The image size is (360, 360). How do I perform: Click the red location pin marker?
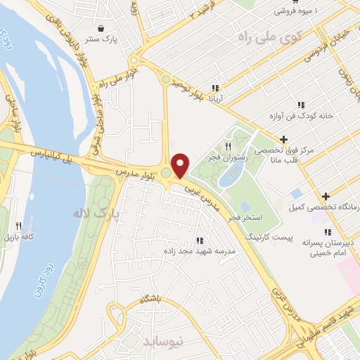181,165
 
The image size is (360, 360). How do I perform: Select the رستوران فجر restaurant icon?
228,146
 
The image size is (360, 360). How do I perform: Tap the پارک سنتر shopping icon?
102,29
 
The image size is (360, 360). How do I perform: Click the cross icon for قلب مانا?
283,139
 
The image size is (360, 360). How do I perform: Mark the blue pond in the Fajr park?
231,173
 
